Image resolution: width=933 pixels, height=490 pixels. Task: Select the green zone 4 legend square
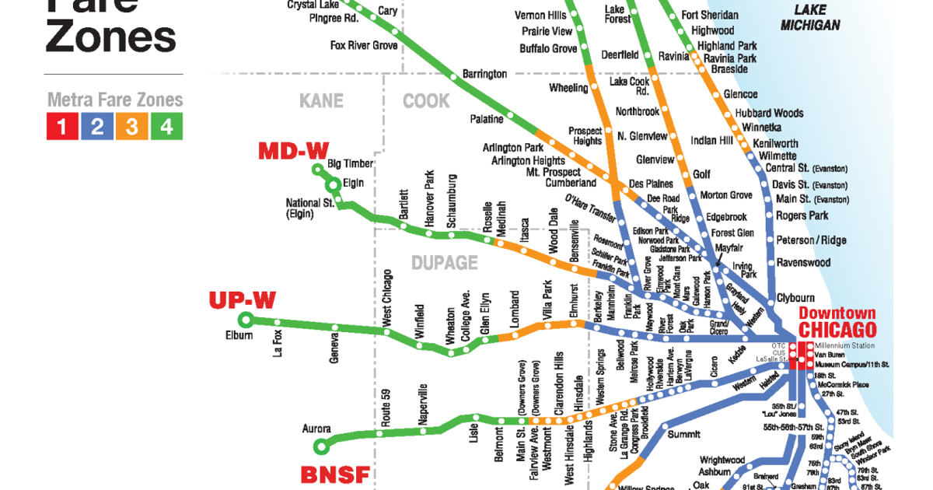[167, 125]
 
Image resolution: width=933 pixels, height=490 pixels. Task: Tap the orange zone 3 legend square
[132, 125]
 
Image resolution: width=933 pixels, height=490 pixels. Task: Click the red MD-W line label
[294, 150]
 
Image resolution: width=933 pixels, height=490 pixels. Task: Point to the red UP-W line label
[243, 299]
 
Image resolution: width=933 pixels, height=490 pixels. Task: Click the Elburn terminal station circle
[246, 319]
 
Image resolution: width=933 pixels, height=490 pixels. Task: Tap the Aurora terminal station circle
[321, 446]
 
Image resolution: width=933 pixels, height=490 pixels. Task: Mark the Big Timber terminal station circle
[317, 169]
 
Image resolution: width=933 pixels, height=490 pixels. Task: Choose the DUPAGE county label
[444, 263]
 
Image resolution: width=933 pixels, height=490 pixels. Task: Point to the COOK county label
[426, 101]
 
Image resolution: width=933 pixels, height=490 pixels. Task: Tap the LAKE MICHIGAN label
[810, 18]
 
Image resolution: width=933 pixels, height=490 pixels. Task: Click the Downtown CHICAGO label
[837, 321]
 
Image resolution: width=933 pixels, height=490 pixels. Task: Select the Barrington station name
[484, 74]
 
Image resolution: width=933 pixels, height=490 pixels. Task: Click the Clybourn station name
[795, 298]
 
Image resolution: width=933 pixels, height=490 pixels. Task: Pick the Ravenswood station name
[803, 263]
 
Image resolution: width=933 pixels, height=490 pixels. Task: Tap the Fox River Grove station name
[363, 45]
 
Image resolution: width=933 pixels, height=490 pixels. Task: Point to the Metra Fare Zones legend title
[115, 100]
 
